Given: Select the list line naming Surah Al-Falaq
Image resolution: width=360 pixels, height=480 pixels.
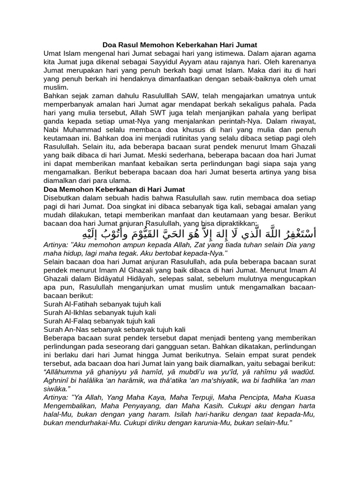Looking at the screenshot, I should [x=99, y=321].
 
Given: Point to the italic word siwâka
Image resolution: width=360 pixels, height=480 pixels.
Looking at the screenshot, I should [x=57, y=389].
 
